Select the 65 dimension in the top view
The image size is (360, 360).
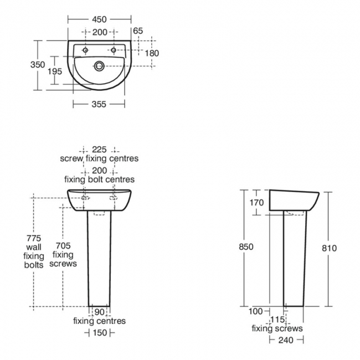point(138,32)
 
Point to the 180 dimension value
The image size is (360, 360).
point(152,53)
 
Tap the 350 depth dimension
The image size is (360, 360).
point(38,65)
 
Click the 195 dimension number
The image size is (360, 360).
point(55,71)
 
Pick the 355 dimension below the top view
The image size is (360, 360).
point(99,104)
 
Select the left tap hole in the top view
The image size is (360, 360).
point(85,50)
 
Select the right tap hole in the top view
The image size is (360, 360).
point(114,50)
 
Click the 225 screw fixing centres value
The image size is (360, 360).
point(99,149)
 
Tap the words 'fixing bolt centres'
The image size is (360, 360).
point(99,179)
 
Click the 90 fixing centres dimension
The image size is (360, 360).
point(100,311)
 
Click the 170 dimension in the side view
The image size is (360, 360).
point(256,203)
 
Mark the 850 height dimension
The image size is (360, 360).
point(245,247)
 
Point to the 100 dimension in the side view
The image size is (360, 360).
point(255,311)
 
